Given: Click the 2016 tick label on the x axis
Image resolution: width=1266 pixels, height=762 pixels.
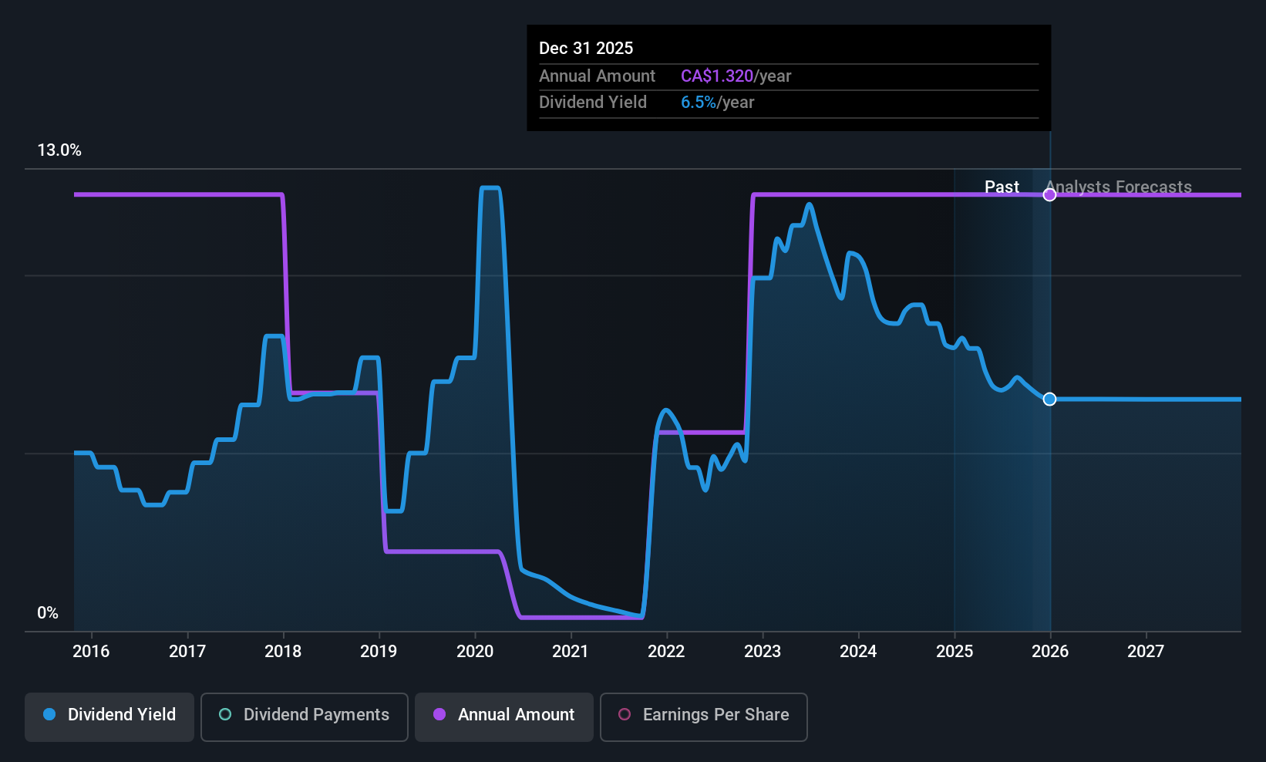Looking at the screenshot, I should point(91,652).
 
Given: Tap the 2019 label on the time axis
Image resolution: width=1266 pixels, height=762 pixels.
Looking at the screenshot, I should point(379,652).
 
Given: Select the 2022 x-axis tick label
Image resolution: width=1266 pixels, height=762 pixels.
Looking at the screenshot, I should point(666,652).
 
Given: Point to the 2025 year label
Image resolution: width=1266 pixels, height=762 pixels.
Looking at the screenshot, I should point(955,652).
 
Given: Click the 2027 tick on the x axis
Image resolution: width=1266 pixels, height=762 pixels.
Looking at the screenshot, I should point(1146,652).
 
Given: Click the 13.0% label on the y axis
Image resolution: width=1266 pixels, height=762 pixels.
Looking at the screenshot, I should point(59,150).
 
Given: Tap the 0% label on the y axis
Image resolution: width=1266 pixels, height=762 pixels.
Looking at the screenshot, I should point(48,613).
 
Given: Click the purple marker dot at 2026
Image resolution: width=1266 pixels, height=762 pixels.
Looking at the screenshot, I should point(1049,194).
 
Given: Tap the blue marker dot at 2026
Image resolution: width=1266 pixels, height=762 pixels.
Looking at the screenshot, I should point(1049,399).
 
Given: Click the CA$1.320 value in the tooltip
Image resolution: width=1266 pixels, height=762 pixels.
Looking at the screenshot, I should point(716,76).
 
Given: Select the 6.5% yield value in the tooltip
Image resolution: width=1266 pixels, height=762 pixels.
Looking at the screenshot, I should point(698,103).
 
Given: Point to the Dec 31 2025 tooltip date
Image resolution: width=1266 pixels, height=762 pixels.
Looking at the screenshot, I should point(586,49).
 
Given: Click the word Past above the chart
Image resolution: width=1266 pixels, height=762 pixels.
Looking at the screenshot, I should point(1002,187).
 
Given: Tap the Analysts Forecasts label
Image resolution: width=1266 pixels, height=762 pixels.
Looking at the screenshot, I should point(1119,187).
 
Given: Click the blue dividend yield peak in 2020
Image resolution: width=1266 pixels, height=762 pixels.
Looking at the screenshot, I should point(490,187).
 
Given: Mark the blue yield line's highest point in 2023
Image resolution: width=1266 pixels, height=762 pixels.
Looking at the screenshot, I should point(809,204).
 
